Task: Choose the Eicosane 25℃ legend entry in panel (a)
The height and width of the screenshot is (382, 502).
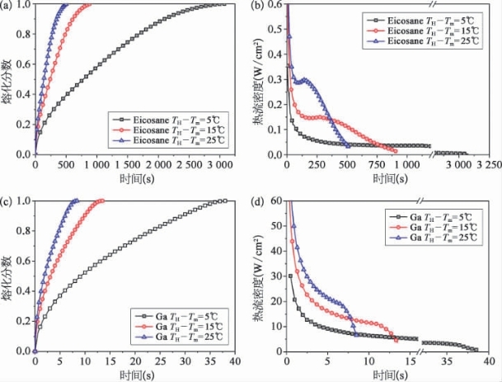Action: [x=167, y=140]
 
